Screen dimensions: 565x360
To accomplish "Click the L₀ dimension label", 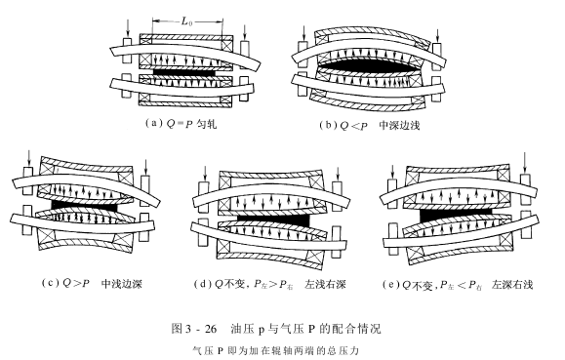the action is (x=186, y=21).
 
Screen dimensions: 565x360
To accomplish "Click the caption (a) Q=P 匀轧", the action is (x=181, y=124).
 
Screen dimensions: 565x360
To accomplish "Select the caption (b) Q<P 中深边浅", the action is (x=370, y=125).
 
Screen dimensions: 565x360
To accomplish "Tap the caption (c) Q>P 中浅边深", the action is (x=92, y=283).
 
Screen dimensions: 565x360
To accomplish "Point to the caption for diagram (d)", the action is (x=270, y=284).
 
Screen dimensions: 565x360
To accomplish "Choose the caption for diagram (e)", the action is (x=458, y=285).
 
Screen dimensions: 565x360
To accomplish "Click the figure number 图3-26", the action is (x=194, y=328).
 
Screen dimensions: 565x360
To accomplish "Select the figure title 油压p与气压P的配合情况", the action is (x=305, y=328).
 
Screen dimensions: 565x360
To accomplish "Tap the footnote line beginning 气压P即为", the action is (x=276, y=350).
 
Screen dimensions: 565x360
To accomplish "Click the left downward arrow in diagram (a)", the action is (x=128, y=28).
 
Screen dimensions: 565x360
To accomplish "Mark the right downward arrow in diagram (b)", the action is (x=437, y=35).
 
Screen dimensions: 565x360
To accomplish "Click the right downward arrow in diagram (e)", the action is (x=525, y=163).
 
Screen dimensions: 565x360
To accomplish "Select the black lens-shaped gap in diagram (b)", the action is (x=369, y=68).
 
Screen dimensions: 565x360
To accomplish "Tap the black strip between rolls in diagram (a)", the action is (x=184, y=72).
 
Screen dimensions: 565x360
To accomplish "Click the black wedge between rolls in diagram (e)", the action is (x=456, y=216).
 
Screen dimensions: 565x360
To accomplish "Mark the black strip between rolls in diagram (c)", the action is (x=84, y=206).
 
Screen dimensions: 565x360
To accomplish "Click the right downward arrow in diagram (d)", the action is (x=338, y=174).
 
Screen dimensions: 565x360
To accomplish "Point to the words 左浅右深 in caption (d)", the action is (x=325, y=284).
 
